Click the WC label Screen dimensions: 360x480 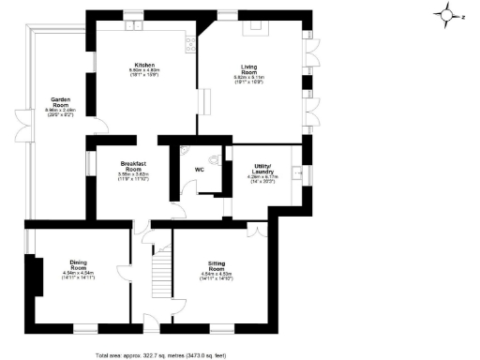(x=199, y=170)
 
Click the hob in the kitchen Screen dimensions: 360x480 (x=191, y=41)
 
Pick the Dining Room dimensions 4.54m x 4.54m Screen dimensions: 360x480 (x=78, y=277)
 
